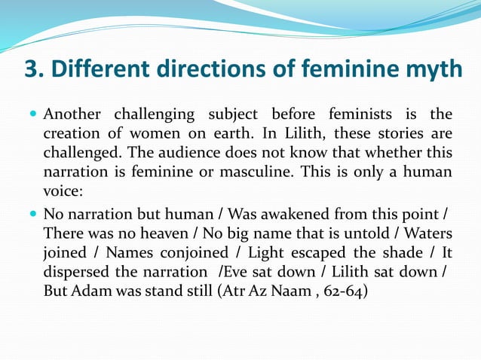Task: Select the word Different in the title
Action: pyautogui.click(x=99, y=70)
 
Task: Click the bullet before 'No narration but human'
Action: pyautogui.click(x=32, y=212)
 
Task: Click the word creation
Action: pyautogui.click(x=72, y=134)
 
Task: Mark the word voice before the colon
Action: pyautogui.click(x=61, y=191)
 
